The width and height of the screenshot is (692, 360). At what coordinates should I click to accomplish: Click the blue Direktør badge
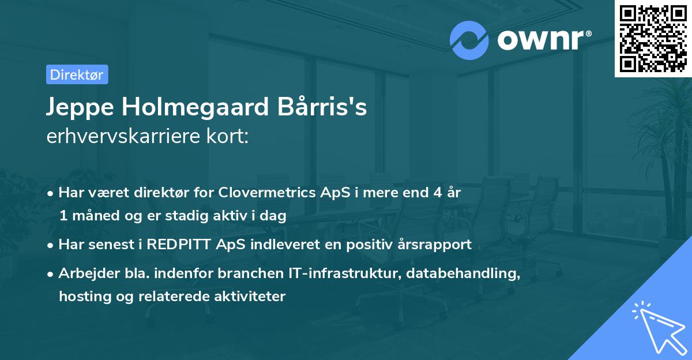pyautogui.click(x=77, y=74)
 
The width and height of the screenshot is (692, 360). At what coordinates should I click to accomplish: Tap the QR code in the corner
pyautogui.click(x=653, y=38)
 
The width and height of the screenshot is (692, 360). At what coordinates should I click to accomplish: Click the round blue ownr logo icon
pyautogui.click(x=469, y=40)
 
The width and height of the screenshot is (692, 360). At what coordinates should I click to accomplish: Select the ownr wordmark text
pyautogui.click(x=544, y=40)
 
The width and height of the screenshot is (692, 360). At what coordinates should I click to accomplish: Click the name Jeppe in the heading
pyautogui.click(x=80, y=107)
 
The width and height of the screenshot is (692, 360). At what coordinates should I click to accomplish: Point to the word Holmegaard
pyautogui.click(x=195, y=107)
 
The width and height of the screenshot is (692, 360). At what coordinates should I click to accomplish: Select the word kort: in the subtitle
pyautogui.click(x=227, y=136)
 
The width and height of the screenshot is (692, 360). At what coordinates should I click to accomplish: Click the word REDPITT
pyautogui.click(x=179, y=245)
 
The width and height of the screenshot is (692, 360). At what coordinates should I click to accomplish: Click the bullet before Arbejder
pyautogui.click(x=50, y=274)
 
